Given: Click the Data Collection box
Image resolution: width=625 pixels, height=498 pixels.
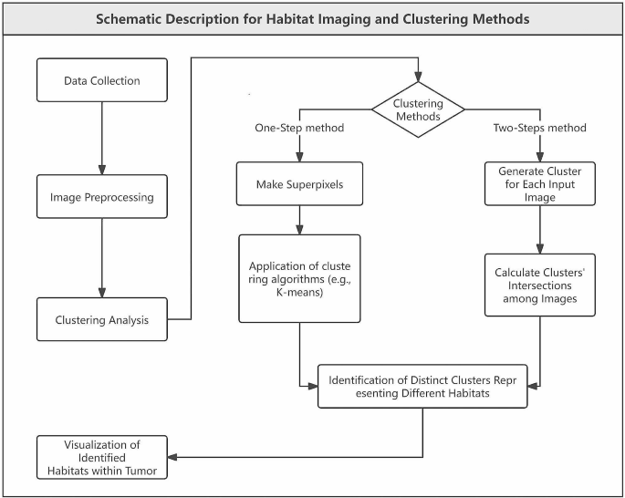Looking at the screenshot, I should pyautogui.click(x=101, y=80).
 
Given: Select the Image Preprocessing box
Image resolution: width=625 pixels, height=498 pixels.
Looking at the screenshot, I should pyautogui.click(x=101, y=196).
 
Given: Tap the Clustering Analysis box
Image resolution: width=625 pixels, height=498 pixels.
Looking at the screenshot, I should pyautogui.click(x=101, y=319).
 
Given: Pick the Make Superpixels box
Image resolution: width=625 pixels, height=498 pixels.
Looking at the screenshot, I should pyautogui.click(x=300, y=184).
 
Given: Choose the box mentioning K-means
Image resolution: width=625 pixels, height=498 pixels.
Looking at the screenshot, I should pyautogui.click(x=300, y=278).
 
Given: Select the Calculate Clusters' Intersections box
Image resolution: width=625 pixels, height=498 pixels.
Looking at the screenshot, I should pyautogui.click(x=540, y=285).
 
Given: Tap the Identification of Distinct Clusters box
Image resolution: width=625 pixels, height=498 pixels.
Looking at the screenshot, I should pyautogui.click(x=422, y=385).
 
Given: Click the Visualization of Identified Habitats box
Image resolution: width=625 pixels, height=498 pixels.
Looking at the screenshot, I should pyautogui.click(x=101, y=457).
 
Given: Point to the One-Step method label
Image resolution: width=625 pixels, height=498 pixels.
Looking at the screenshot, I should pyautogui.click(x=299, y=128).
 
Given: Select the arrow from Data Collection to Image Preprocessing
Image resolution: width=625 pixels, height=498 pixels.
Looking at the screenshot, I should pyautogui.click(x=101, y=138).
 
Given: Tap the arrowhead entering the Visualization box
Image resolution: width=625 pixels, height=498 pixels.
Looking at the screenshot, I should pyautogui.click(x=173, y=456).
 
